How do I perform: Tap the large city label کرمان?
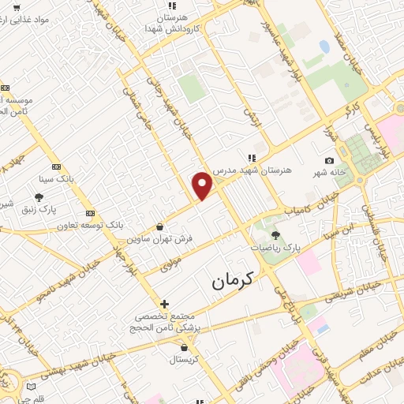(235, 280)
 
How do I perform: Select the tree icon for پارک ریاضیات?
(275, 235)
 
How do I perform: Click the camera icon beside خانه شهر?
(329, 161)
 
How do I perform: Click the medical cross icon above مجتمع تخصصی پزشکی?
(164, 304)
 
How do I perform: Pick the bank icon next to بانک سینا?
(56, 166)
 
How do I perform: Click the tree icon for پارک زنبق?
(39, 197)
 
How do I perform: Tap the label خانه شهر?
(309, 173)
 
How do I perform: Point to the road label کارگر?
(348, 111)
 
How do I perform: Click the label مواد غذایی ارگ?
(32, 18)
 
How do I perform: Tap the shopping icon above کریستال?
(184, 347)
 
